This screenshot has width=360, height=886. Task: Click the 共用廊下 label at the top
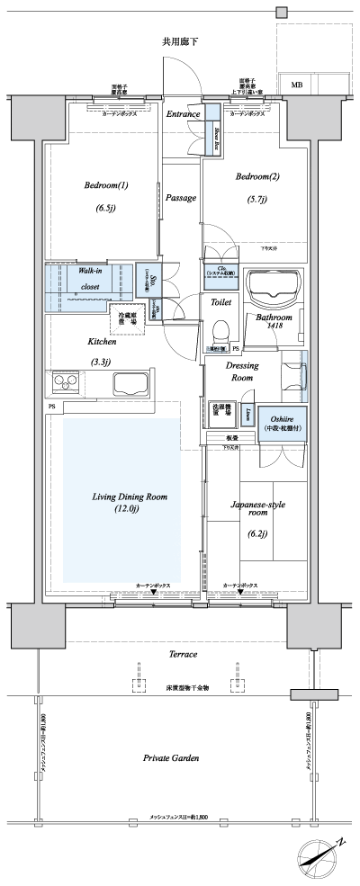179,41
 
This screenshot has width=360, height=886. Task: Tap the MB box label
296,85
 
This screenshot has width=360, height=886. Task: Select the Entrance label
183,115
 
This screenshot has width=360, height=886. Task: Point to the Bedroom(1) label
106,186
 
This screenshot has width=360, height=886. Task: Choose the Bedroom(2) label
258,177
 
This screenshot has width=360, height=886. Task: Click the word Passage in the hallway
181,197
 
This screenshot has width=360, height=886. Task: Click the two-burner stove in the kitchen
66,383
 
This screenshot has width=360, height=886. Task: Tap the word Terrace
183,654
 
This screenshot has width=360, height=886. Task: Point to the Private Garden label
170,758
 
